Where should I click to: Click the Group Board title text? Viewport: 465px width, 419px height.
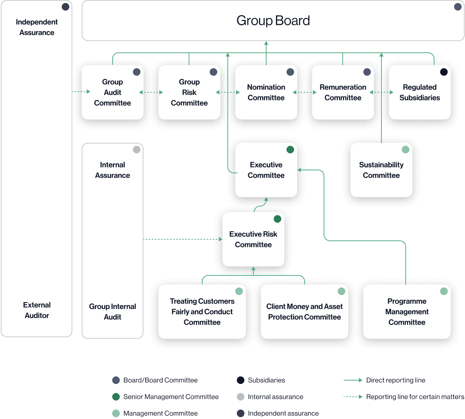coord(273,21)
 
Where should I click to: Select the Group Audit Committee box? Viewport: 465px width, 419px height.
coord(113,93)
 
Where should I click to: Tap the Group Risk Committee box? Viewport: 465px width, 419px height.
coord(189,93)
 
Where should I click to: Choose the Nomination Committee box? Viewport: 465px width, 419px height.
coord(266,93)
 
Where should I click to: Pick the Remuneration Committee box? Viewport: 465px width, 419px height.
coord(343,93)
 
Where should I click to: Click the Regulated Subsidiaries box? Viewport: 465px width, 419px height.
coord(419,93)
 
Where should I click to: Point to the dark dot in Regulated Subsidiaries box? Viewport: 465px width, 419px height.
coord(444,72)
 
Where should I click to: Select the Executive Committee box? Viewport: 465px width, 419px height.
coord(266,170)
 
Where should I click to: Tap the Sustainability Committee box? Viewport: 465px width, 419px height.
coord(381,170)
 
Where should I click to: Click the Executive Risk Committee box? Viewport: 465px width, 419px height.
coord(253,240)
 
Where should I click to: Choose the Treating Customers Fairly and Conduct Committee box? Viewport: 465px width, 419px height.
coord(202,312)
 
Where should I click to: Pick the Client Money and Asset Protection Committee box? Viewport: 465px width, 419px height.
coord(304,312)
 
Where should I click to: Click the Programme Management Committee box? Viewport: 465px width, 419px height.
coord(407,312)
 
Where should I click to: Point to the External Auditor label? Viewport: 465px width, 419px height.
coord(37,310)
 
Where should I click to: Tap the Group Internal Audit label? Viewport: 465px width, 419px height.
coord(113,312)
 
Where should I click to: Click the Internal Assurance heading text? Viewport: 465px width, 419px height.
coord(113,170)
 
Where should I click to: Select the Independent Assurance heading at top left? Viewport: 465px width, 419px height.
coord(37,27)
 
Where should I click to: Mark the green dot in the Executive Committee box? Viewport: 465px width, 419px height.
coord(290,150)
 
